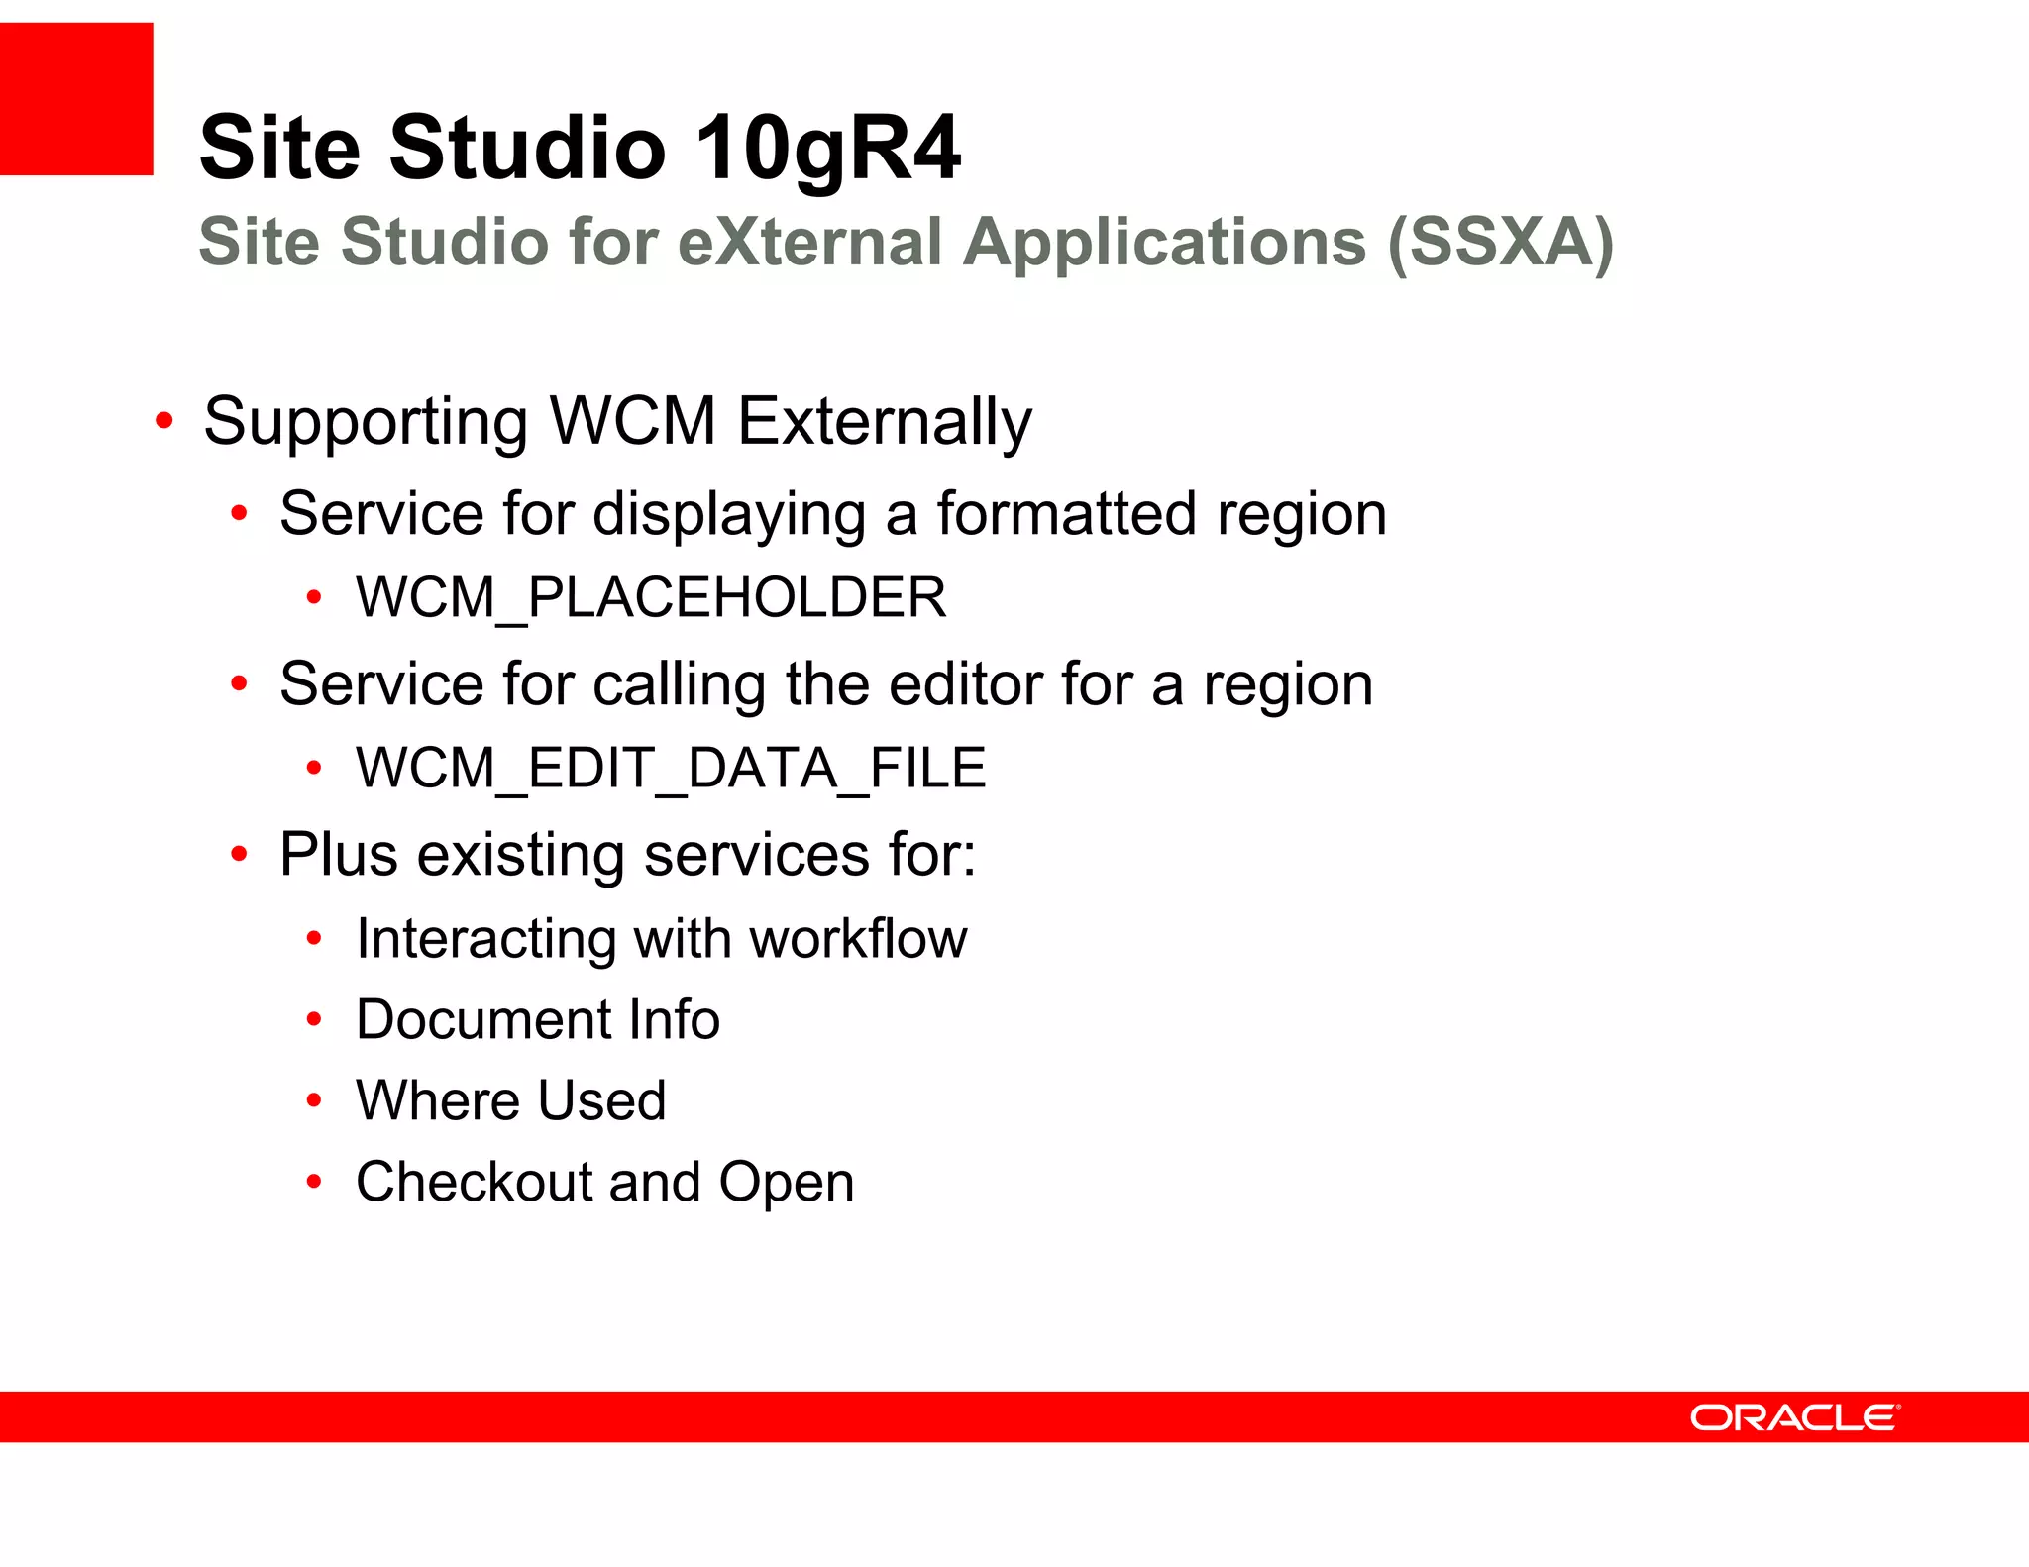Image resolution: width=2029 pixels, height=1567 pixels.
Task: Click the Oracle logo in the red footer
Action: (1794, 1417)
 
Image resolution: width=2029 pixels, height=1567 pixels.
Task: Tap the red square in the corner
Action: (76, 99)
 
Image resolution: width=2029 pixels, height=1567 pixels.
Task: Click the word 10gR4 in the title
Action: (827, 148)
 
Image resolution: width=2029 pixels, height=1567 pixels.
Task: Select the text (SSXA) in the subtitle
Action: (1500, 242)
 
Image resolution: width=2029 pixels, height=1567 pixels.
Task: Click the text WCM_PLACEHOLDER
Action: (651, 597)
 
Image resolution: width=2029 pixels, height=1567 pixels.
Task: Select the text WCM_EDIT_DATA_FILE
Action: (671, 768)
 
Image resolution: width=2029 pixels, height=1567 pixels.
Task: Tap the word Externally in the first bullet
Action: (885, 422)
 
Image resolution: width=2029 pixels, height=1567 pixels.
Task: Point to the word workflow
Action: (857, 938)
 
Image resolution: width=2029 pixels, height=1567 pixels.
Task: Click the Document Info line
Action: (537, 1019)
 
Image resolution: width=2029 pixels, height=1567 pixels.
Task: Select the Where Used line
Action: (510, 1100)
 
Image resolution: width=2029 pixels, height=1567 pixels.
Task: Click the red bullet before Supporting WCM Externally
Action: (164, 422)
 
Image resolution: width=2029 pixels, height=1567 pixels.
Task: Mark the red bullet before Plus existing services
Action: (239, 854)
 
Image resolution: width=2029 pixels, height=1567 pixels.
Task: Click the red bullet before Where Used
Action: (314, 1100)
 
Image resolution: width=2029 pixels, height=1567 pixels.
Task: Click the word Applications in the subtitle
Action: (1164, 242)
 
